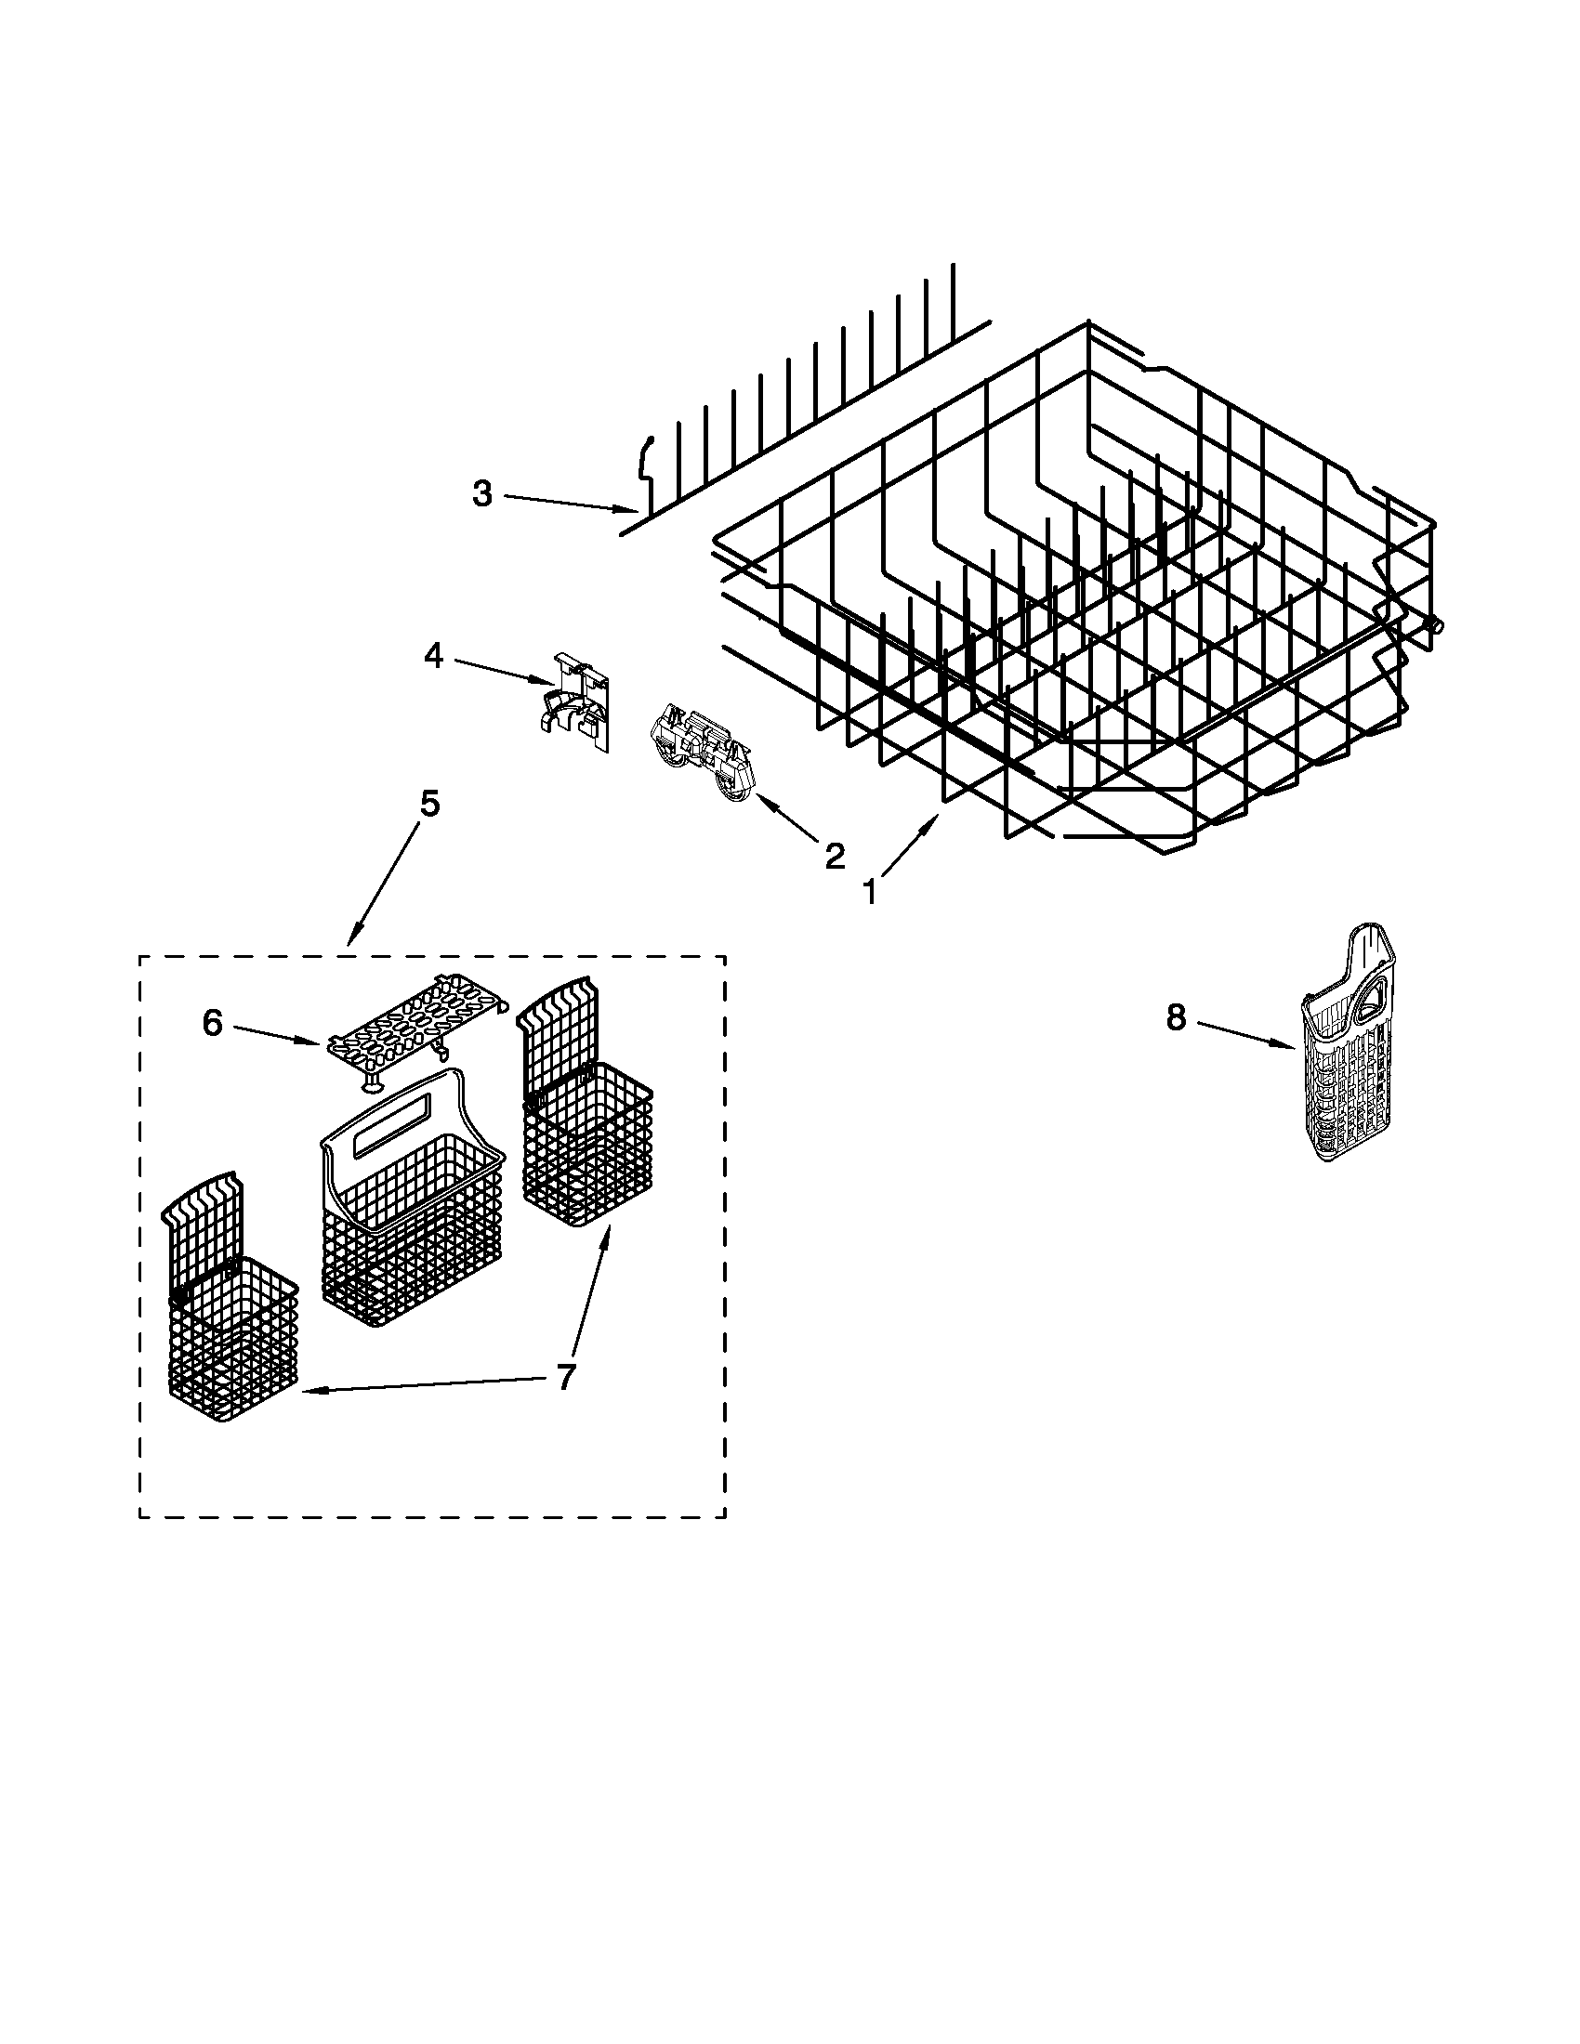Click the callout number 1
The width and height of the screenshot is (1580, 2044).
click(870, 893)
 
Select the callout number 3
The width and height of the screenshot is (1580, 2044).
click(482, 493)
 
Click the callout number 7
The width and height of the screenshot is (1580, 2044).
click(564, 1377)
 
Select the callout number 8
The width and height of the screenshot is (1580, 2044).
click(1176, 1016)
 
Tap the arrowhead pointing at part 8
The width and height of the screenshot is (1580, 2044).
click(1290, 1043)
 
